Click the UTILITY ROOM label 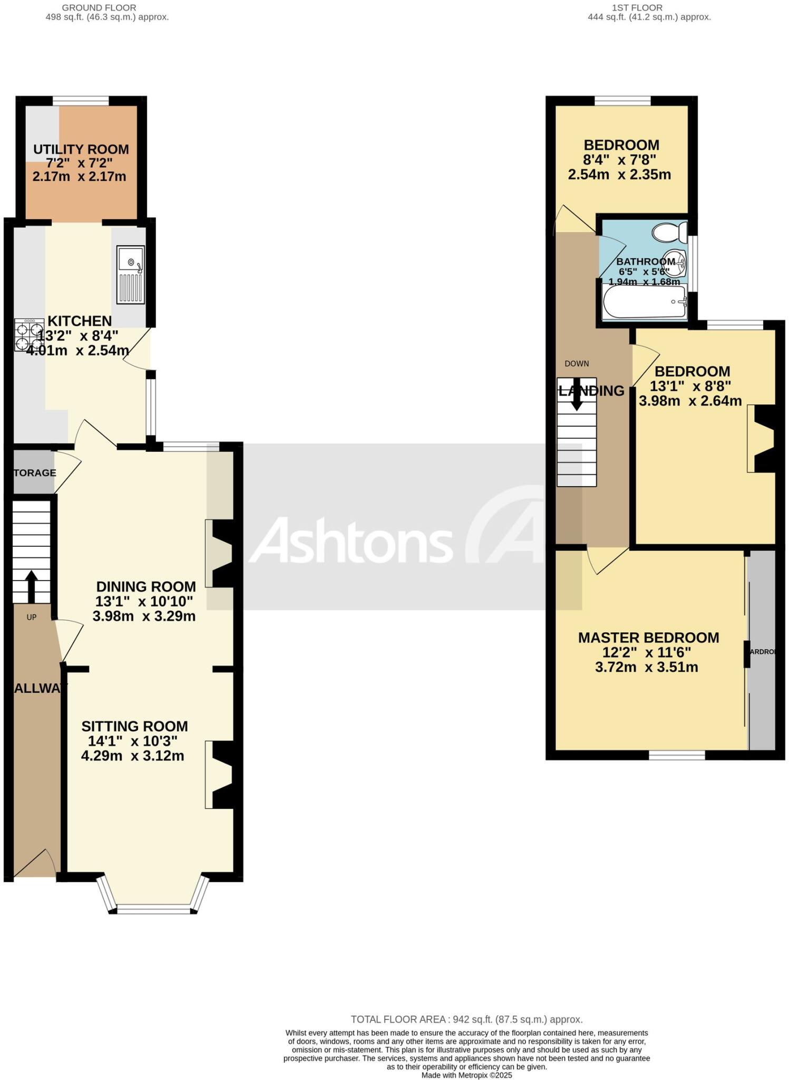click(x=81, y=149)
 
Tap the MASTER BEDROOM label click(x=648, y=638)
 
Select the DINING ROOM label click(x=146, y=586)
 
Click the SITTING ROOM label click(x=134, y=726)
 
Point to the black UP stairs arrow click(x=31, y=586)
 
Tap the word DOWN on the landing click(x=577, y=363)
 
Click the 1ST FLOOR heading click(x=637, y=8)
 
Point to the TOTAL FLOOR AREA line click(x=466, y=1019)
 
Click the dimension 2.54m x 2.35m click(x=619, y=175)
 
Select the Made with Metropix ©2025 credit click(x=466, y=1075)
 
